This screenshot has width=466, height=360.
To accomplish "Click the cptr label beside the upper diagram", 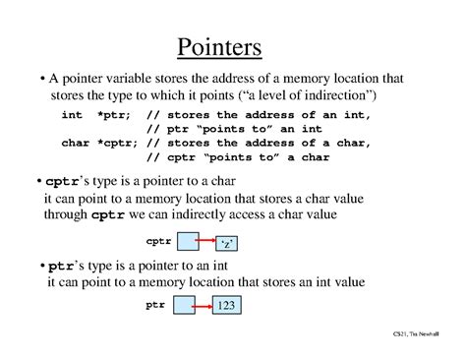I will point(158,240).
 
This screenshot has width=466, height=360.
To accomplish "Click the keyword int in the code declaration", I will point(72,115).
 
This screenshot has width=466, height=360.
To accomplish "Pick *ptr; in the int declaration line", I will point(109,115).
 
